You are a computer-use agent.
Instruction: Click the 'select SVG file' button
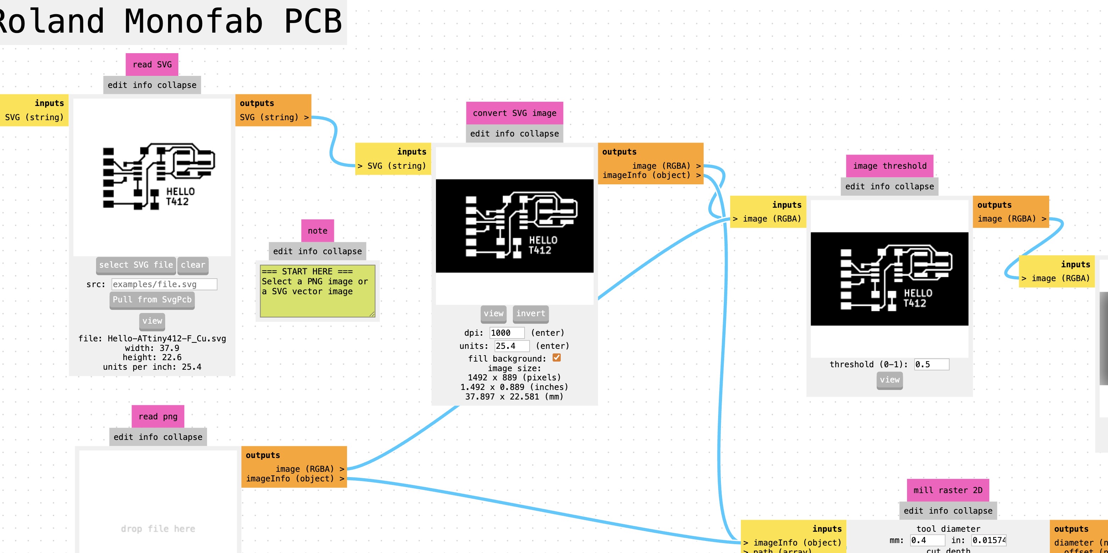[x=135, y=265]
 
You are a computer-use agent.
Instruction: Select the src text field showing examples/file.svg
[x=164, y=284]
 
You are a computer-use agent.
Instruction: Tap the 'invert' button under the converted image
[x=530, y=313]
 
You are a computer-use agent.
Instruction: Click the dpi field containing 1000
[x=507, y=333]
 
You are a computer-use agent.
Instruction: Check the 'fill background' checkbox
[x=556, y=358]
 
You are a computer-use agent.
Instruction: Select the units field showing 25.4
[x=511, y=346]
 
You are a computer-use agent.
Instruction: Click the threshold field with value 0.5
[x=931, y=364]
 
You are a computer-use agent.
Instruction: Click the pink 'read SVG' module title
[x=152, y=65]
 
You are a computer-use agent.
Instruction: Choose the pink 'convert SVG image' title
[x=514, y=113]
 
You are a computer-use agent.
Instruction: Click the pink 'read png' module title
[x=158, y=416]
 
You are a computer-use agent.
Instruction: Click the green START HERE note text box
[x=318, y=291]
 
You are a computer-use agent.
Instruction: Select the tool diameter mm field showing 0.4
[x=927, y=540]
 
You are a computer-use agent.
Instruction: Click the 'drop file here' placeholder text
[x=158, y=529]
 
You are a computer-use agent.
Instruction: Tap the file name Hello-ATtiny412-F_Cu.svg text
[x=167, y=339]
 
